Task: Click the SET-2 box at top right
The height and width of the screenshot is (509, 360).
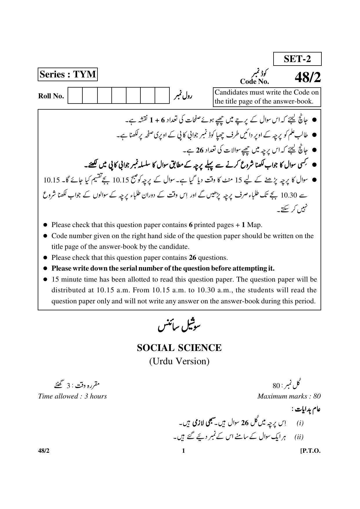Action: point(297,59)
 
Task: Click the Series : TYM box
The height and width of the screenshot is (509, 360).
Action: point(68,74)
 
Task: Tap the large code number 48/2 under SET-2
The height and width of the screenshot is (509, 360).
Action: point(308,77)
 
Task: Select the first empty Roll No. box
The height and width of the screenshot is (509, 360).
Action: point(75,95)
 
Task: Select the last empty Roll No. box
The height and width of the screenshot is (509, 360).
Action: point(162,95)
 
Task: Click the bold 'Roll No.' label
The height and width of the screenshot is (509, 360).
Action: point(51,96)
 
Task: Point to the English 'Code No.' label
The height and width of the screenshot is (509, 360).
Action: point(254,81)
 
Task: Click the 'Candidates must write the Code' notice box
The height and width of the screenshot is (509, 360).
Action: point(267,97)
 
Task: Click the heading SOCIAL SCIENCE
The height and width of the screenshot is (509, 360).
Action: point(179,348)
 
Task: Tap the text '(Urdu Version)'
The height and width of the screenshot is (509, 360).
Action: point(179,361)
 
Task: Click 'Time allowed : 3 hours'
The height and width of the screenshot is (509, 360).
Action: point(72,396)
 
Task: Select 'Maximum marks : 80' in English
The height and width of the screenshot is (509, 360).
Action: point(289,396)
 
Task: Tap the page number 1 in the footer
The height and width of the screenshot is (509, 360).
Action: point(183,451)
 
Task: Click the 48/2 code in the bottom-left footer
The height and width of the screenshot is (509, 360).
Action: point(44,451)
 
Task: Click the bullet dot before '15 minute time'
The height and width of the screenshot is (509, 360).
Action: point(45,279)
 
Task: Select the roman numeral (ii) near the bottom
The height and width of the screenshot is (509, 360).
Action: point(299,437)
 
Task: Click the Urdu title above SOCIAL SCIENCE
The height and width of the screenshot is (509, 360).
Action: point(179,326)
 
